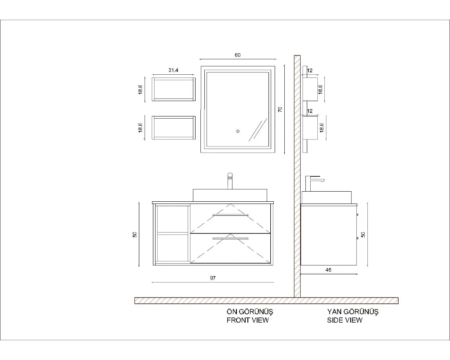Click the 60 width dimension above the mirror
click(x=238, y=55)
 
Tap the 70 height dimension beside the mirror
click(x=280, y=109)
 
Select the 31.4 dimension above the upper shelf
click(x=173, y=70)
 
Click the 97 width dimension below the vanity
click(x=213, y=278)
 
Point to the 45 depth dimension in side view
click(x=329, y=270)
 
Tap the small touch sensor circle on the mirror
click(x=238, y=131)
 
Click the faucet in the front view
click(x=230, y=181)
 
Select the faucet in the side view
click(x=313, y=183)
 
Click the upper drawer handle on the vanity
click(x=230, y=215)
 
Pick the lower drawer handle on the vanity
click(x=230, y=239)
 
